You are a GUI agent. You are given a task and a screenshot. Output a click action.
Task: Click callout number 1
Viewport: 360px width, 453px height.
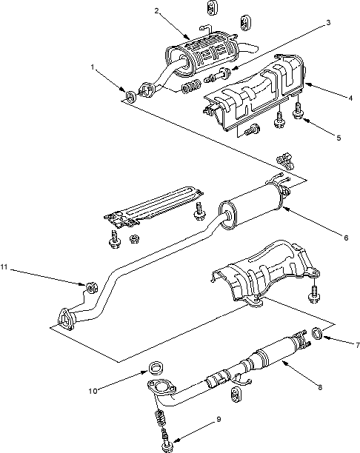[93, 67]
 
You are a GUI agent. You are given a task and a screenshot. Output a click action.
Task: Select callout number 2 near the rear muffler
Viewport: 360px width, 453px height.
[156, 11]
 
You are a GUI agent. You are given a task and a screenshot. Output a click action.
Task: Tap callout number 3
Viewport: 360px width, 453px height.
[328, 22]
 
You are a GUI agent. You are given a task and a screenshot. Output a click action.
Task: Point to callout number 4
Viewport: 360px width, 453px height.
[350, 98]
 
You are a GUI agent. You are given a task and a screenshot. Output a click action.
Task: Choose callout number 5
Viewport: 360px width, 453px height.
[339, 138]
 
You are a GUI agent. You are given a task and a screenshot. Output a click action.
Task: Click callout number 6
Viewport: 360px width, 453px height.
[346, 238]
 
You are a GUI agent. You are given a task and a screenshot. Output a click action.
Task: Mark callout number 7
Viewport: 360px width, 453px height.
[358, 345]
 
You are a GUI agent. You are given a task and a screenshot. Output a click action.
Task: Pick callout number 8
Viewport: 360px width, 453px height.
[320, 388]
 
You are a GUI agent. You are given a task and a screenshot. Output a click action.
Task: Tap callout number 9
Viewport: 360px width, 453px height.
[219, 419]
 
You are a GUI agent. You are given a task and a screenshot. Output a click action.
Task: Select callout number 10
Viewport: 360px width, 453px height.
[93, 392]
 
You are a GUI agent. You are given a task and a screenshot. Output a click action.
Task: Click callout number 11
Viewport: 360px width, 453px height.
[4, 267]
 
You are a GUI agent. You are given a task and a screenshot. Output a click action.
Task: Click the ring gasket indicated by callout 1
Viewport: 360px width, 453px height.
[131, 96]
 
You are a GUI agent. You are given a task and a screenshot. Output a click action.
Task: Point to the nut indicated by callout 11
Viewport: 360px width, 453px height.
[92, 288]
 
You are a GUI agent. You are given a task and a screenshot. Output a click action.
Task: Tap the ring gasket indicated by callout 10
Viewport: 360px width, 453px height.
[156, 368]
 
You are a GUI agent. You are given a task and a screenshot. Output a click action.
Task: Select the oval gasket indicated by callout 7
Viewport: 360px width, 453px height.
[318, 333]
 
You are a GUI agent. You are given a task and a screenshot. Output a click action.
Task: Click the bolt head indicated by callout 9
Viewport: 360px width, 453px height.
[167, 446]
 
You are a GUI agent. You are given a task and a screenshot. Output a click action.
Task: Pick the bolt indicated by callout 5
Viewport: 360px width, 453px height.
[297, 111]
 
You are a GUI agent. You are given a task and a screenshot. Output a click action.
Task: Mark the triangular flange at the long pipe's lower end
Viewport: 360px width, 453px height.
[66, 319]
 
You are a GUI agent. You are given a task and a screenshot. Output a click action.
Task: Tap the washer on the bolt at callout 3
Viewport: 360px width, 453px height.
[225, 73]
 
